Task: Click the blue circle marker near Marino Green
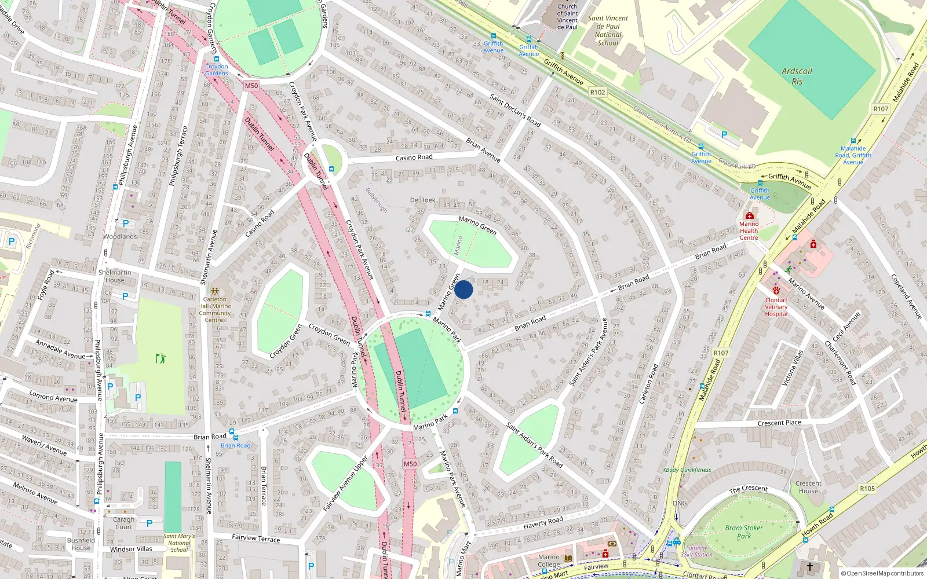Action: pos(463,289)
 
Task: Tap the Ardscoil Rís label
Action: pos(797,76)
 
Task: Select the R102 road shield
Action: pos(597,92)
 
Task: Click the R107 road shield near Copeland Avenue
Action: pos(881,109)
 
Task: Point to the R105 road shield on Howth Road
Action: pos(867,489)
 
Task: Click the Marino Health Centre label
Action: pos(749,230)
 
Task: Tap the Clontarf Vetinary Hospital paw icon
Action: pos(776,290)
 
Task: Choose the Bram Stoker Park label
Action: pos(744,532)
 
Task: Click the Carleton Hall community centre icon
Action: pos(215,291)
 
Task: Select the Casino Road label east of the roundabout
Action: pos(414,157)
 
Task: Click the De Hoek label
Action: pos(422,200)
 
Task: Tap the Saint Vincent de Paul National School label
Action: pos(608,31)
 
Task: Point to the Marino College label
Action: pos(549,560)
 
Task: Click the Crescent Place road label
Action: pos(779,423)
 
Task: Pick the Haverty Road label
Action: pos(543,523)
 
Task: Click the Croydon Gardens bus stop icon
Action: pos(217,59)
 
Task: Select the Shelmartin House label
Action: pos(115,276)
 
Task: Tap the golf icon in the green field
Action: pos(160,358)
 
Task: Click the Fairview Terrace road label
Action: pos(256,538)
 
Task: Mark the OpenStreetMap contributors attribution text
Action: pos(882,574)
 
